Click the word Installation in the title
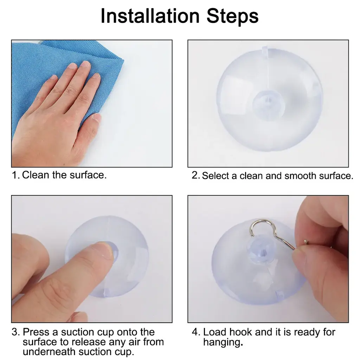click(150, 16)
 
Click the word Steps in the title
click(233, 17)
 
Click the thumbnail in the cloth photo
click(97, 117)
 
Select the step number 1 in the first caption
click(15, 175)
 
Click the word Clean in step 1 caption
click(36, 175)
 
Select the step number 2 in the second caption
click(196, 176)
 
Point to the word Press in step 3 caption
click(36, 332)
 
